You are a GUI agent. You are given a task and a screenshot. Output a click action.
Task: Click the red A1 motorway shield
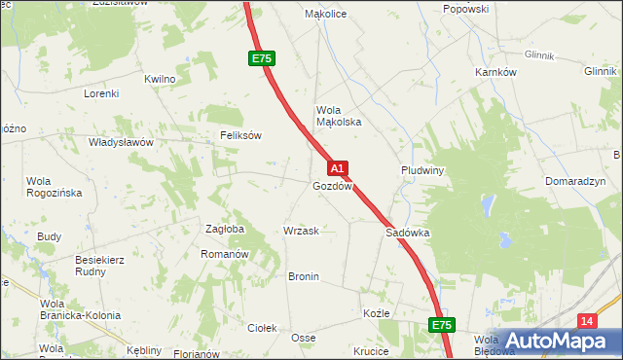tap(337, 168)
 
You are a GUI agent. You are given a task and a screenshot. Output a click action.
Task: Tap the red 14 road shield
tap(585, 321)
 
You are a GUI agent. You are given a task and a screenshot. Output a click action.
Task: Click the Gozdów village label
tap(332, 186)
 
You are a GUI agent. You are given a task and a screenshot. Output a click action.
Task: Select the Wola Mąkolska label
tap(339, 116)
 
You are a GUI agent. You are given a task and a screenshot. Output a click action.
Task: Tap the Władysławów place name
tap(122, 142)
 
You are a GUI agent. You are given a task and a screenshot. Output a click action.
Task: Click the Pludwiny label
tap(422, 169)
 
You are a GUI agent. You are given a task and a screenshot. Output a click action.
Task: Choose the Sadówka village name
tap(408, 234)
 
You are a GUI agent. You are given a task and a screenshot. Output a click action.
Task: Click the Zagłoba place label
tap(225, 230)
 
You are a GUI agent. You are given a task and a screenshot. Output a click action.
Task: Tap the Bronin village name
tap(304, 276)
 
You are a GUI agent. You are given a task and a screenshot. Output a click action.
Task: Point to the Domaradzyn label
tap(576, 182)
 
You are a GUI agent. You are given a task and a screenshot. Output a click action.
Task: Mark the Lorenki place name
tap(100, 93)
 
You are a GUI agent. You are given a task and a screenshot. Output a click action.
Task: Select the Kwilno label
tap(160, 79)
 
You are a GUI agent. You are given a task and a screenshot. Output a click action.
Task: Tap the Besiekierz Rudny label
tap(101, 266)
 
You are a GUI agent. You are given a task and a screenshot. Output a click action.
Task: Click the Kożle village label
tap(376, 314)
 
